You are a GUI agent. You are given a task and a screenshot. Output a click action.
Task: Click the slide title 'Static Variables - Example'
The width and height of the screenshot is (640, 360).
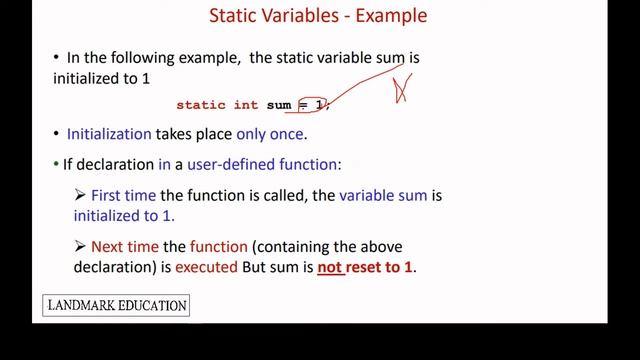pos(317,16)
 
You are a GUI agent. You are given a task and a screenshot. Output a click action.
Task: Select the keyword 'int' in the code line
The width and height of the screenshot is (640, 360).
pos(247,105)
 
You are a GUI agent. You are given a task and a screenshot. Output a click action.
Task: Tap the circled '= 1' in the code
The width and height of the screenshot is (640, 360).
pos(313,104)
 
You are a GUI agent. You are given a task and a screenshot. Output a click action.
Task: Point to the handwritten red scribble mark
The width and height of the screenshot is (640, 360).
pos(402,88)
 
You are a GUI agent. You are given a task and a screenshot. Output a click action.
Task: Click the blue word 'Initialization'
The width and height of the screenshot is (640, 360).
pos(109,133)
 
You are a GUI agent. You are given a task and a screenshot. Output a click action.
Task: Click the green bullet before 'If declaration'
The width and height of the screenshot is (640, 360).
pos(56,164)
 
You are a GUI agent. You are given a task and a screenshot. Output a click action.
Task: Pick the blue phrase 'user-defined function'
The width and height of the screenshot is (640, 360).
pos(264,164)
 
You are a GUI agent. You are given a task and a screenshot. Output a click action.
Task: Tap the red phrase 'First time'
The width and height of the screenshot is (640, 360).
pos(122,196)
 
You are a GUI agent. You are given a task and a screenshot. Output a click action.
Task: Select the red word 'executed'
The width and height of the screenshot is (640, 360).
pos(206,267)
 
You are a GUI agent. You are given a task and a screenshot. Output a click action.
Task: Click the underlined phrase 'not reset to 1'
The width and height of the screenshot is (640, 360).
pos(366,267)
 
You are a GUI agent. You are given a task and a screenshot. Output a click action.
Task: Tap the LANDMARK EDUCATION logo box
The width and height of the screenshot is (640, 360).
pos(116,305)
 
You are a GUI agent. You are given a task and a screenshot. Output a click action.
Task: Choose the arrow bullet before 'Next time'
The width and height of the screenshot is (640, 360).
pos(80,246)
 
